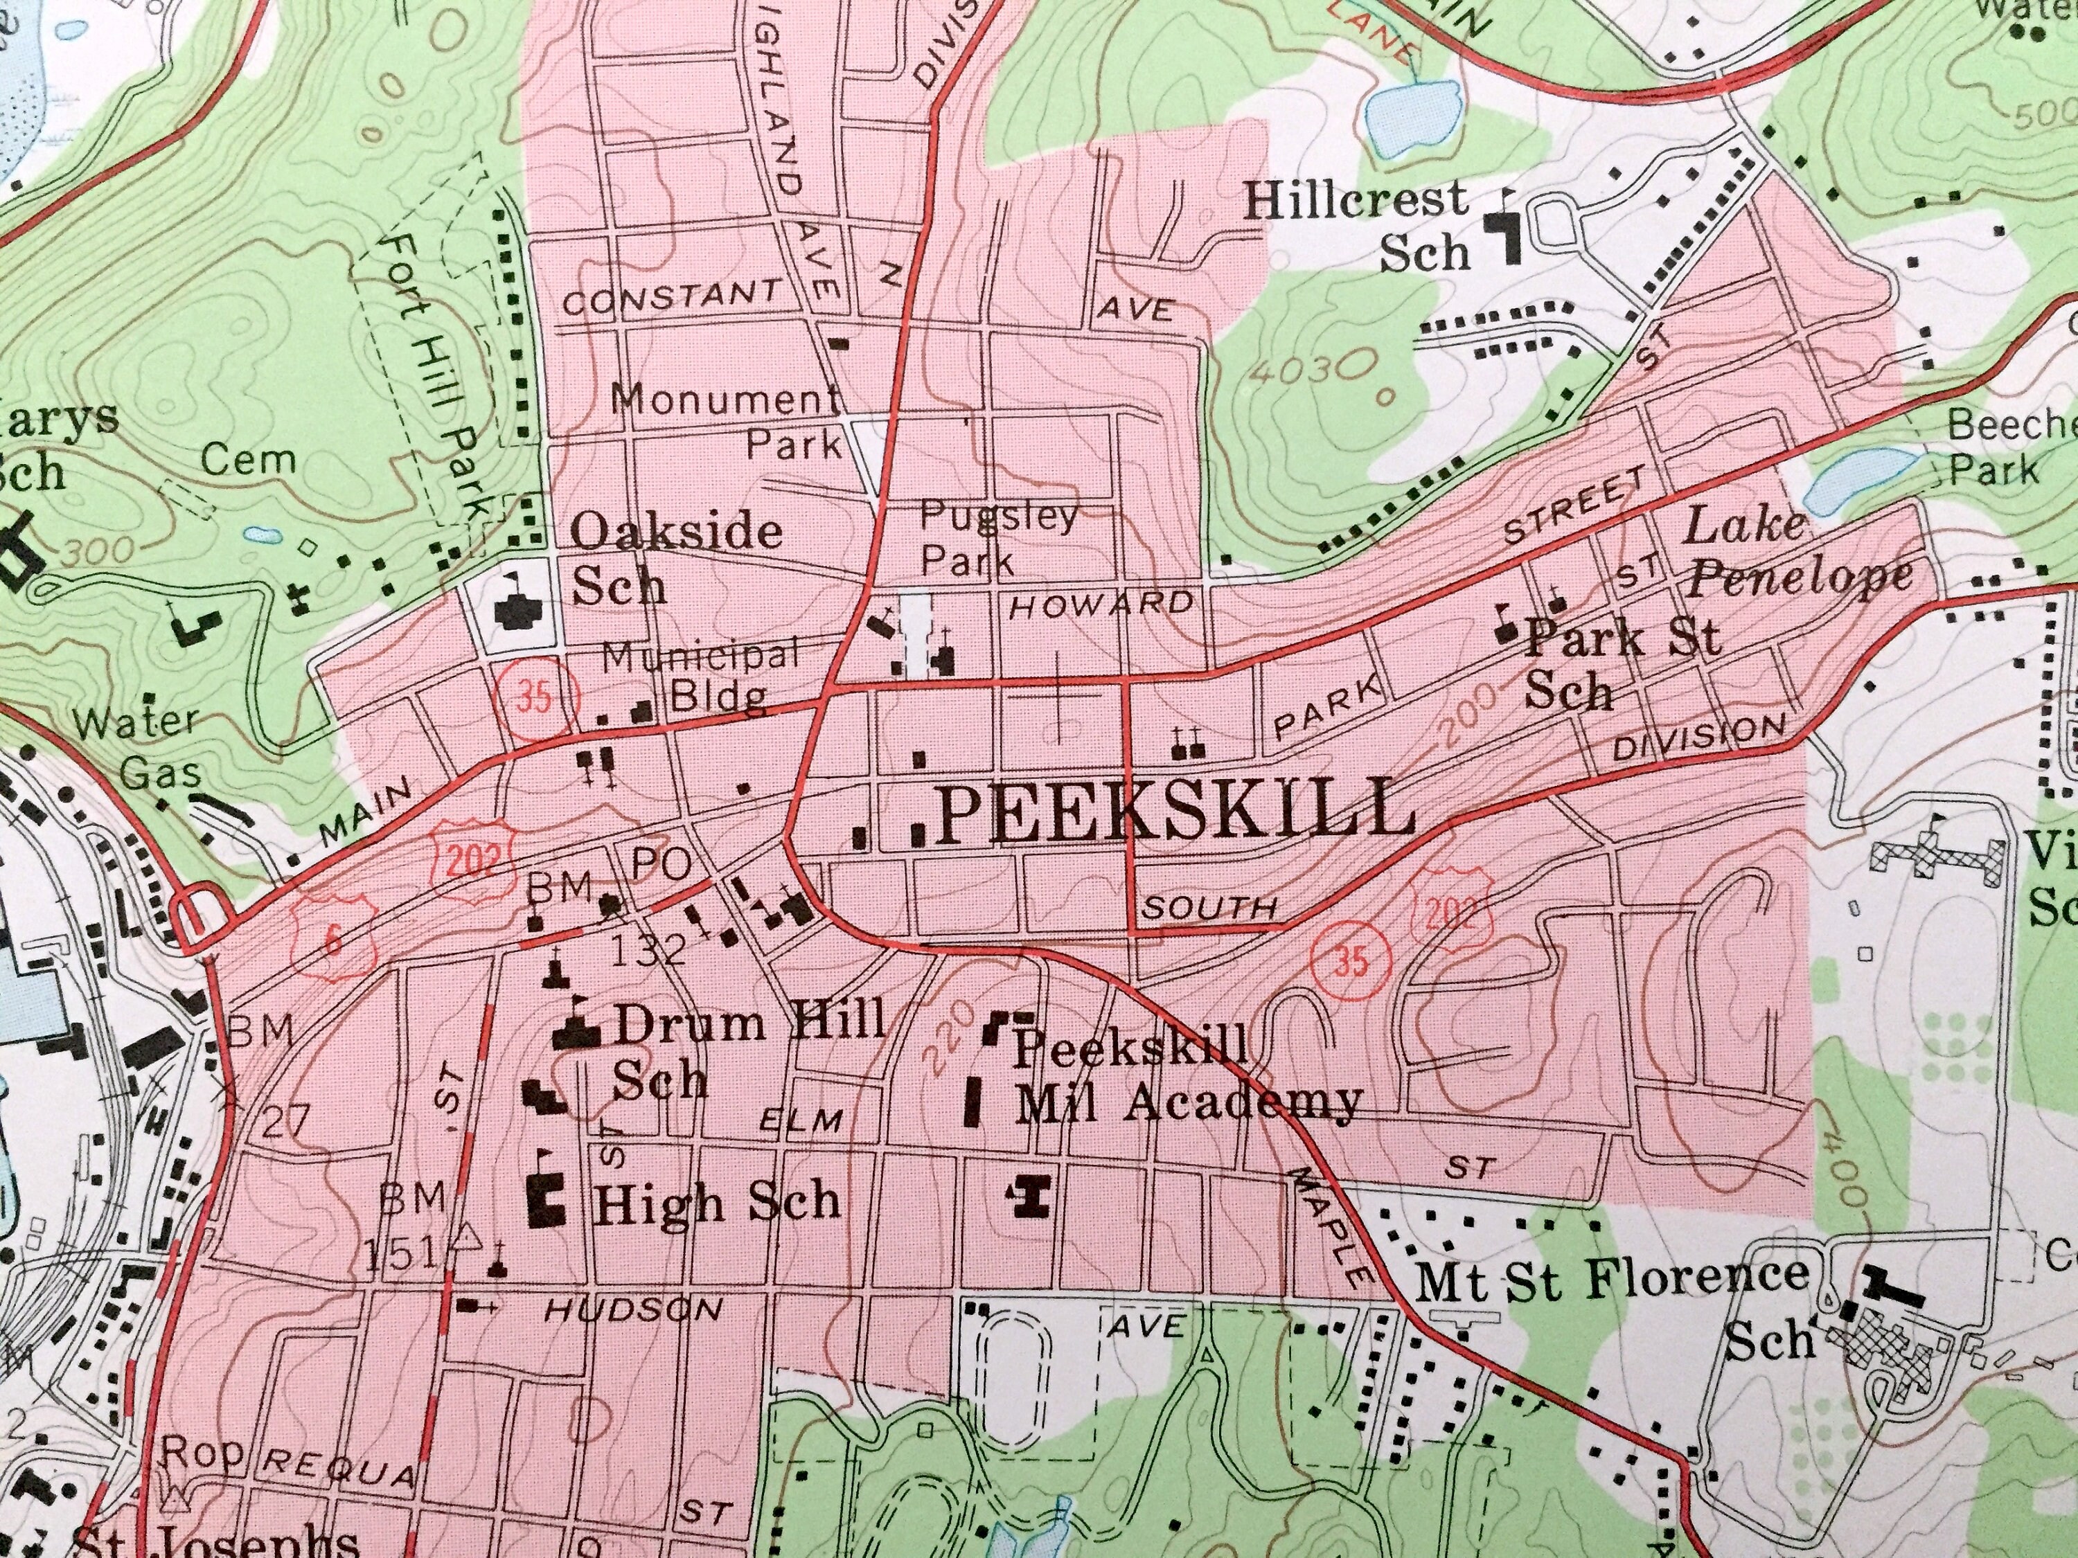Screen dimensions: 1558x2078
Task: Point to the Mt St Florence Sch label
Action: coord(1610,1307)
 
